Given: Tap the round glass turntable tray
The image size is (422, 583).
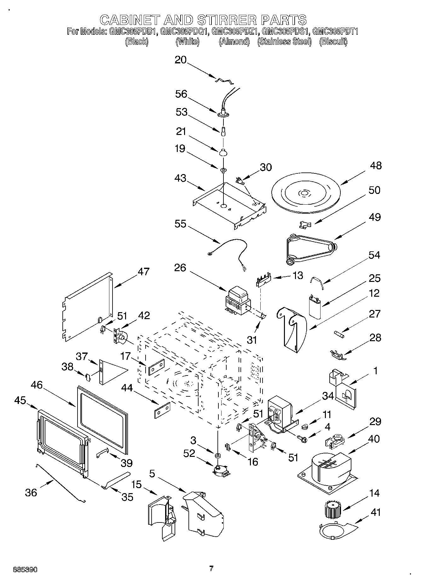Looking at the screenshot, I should pos(304,193).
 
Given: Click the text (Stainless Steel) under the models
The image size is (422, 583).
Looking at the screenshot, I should pos(284,41).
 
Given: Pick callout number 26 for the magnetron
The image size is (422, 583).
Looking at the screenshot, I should pos(180,268).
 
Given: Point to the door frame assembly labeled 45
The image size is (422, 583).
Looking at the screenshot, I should pos(61,441).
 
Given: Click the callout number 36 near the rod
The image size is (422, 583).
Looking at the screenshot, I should pos(31,492).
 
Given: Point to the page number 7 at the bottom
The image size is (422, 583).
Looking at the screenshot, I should pos(211,568).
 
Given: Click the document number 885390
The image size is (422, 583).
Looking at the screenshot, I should pos(25,570).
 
